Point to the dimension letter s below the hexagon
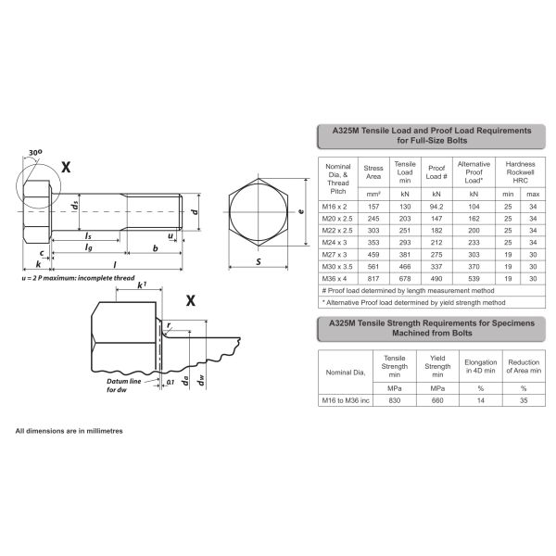pos(257,262)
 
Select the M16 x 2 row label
pos(338,207)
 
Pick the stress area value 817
pos(374,277)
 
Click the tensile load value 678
pos(404,277)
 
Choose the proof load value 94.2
pos(436,207)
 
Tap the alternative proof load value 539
pos(474,277)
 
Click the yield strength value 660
pos(438,399)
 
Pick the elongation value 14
pos(481,399)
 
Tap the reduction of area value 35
pos(524,399)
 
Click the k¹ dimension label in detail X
pos(142,286)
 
